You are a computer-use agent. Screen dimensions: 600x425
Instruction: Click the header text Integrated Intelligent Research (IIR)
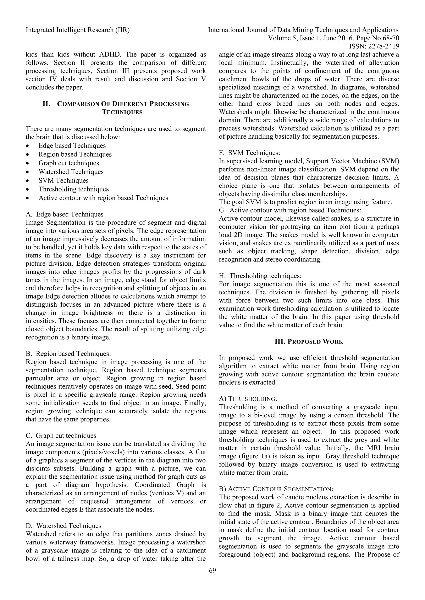78,30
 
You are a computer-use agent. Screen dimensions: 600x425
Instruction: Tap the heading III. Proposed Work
309,342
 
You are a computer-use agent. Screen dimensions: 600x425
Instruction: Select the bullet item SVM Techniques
64,181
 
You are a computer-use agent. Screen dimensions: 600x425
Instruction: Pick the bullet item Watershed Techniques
71,172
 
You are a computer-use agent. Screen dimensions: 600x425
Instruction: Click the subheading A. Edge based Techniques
65,214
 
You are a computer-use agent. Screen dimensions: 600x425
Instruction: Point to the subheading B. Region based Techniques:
68,354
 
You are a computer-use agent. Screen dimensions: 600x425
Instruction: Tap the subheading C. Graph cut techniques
61,436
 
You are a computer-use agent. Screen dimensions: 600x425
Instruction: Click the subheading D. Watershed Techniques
64,526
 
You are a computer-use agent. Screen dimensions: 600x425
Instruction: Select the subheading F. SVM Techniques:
249,153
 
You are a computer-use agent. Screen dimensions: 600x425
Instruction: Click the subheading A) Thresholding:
248,399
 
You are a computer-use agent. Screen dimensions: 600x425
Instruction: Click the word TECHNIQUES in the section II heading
122,112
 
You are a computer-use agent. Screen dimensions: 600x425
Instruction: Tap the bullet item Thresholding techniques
73,189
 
